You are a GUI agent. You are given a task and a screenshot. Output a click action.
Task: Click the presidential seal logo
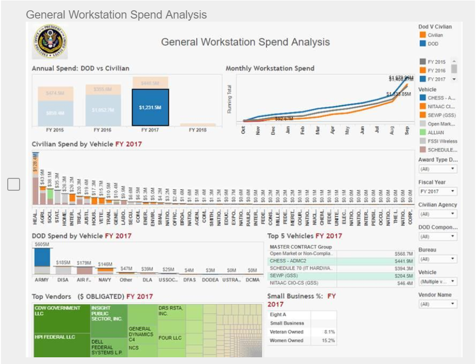click(50, 41)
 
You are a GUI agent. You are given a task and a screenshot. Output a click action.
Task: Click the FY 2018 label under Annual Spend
click(198, 130)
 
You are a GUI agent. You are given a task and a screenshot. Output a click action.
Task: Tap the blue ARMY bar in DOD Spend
click(42, 257)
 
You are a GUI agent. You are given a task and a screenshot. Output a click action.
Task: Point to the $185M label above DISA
click(63, 263)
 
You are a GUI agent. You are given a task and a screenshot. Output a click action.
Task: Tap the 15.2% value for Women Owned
click(328, 341)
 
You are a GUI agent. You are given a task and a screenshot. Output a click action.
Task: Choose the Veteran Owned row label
click(287, 332)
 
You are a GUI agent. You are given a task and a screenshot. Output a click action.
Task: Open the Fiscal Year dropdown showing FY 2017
click(437, 192)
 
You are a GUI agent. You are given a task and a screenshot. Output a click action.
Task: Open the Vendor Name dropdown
click(437, 304)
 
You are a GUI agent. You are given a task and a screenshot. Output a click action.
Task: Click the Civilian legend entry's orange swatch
click(422, 35)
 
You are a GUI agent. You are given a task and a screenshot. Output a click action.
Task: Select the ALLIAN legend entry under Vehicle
click(435, 133)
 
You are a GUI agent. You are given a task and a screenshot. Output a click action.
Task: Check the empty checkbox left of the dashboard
click(14, 184)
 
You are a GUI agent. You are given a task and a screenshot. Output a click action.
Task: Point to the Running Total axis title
click(229, 99)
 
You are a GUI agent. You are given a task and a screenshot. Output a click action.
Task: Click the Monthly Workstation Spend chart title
click(270, 68)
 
